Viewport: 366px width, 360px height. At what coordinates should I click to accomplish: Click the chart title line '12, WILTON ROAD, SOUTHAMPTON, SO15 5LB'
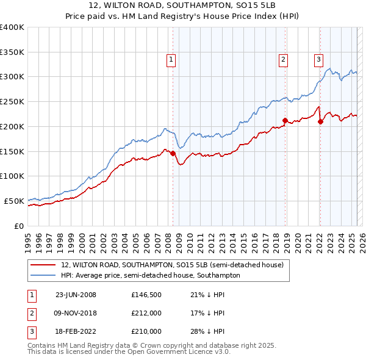click(182, 5)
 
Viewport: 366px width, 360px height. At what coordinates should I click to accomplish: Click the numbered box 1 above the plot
click(171, 60)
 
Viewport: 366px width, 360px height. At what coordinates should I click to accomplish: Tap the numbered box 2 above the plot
click(284, 60)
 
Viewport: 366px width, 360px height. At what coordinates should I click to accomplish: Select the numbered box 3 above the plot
click(318, 60)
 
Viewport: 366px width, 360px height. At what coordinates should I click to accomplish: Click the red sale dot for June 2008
click(173, 153)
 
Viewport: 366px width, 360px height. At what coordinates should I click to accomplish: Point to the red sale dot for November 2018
click(285, 120)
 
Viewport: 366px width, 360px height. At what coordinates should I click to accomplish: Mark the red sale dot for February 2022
click(320, 121)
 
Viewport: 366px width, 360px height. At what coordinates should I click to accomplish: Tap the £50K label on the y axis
click(15, 201)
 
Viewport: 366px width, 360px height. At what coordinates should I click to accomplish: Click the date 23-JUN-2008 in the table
click(76, 295)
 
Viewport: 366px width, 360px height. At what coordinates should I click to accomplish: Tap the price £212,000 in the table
click(146, 313)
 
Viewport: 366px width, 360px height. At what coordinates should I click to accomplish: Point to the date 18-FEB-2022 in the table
click(76, 331)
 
